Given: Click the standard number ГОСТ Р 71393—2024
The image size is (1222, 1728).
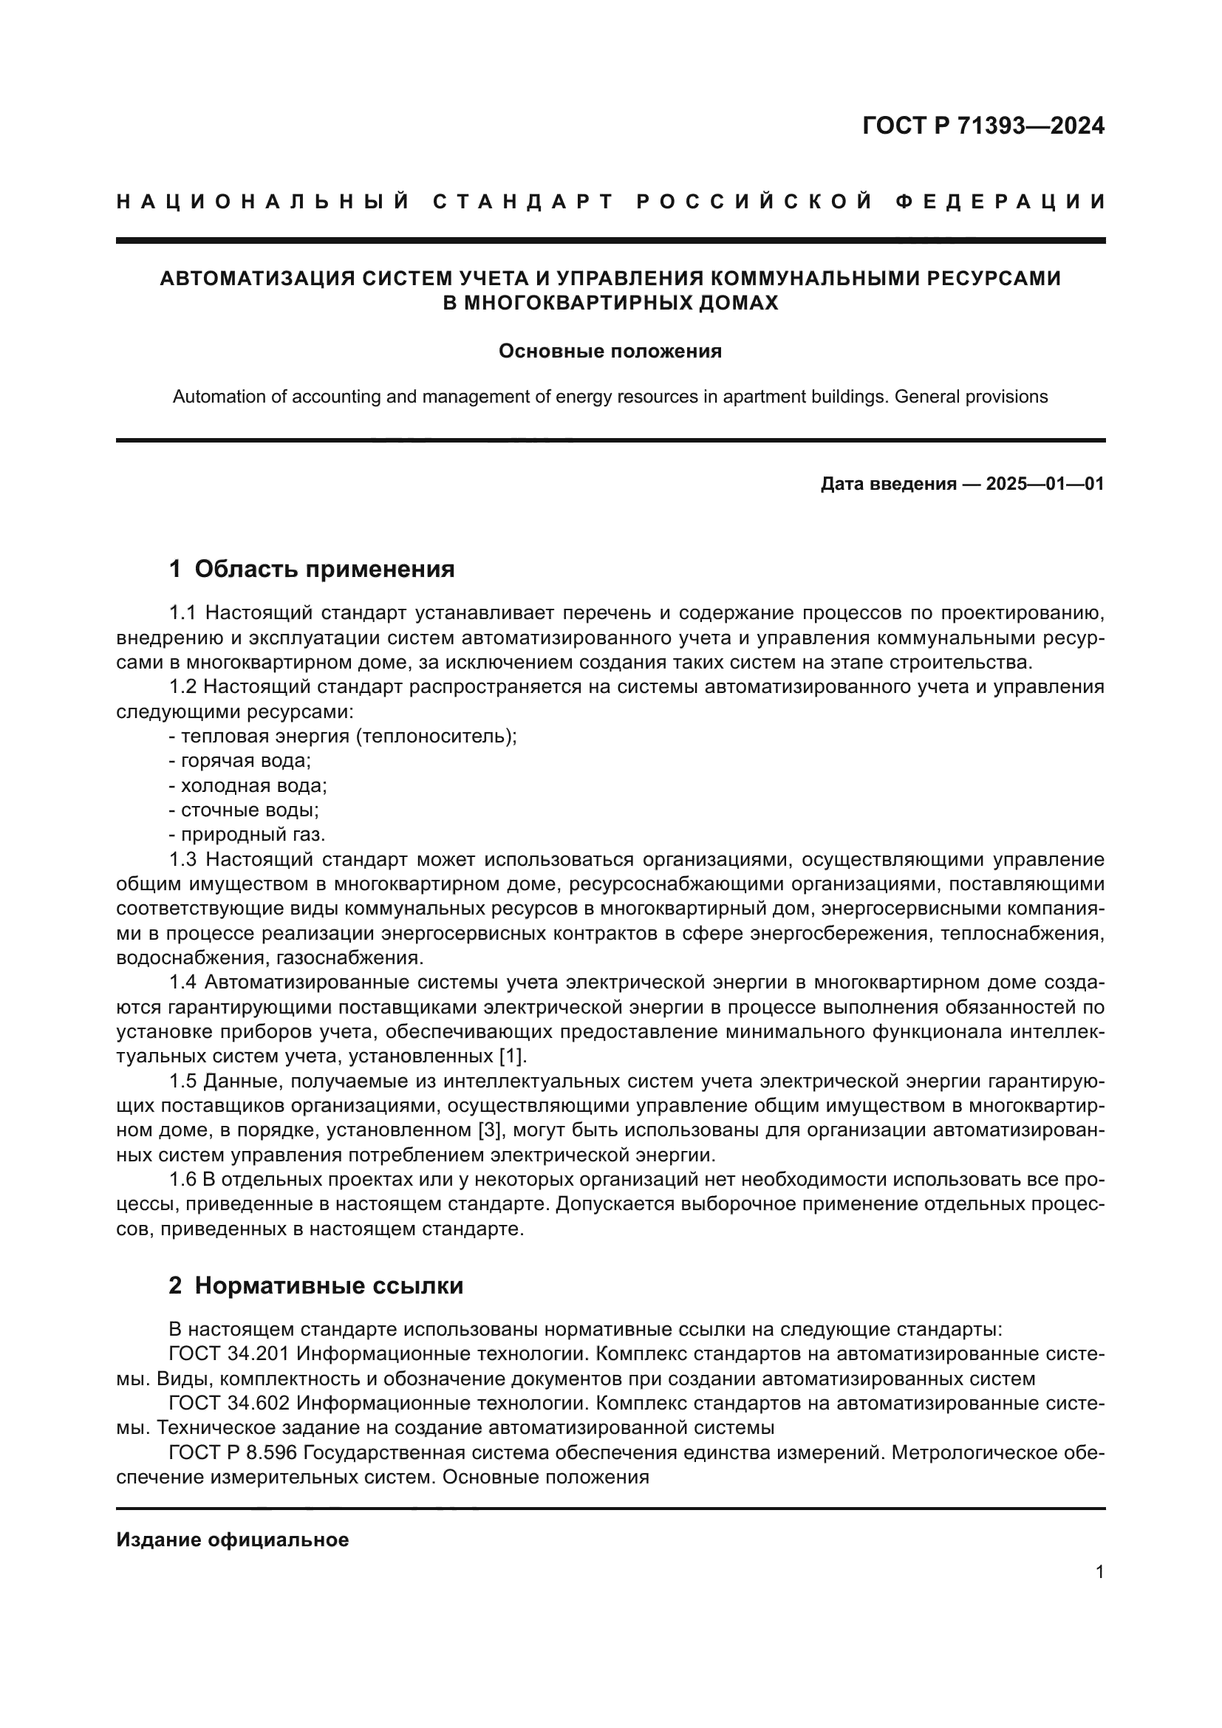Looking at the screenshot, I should point(983,126).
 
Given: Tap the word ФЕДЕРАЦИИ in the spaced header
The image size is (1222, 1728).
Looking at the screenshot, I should point(1000,202).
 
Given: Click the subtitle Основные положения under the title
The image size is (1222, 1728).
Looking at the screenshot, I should point(610,352).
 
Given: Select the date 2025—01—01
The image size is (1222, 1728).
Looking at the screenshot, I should point(1045,484).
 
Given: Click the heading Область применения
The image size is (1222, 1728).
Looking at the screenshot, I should point(324,569).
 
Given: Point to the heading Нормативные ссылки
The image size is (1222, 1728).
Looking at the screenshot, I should point(329,1286).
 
